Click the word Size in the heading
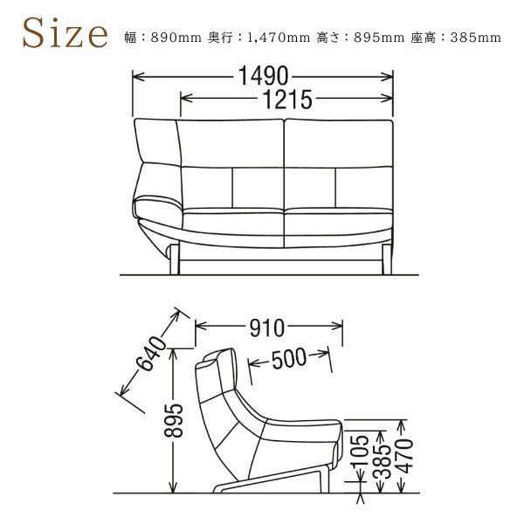point(65,34)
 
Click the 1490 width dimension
point(263,76)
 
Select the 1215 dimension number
point(287,100)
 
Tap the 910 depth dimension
point(267,328)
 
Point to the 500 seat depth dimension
point(289,358)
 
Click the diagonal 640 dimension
point(152,354)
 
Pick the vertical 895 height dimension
point(174,421)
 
